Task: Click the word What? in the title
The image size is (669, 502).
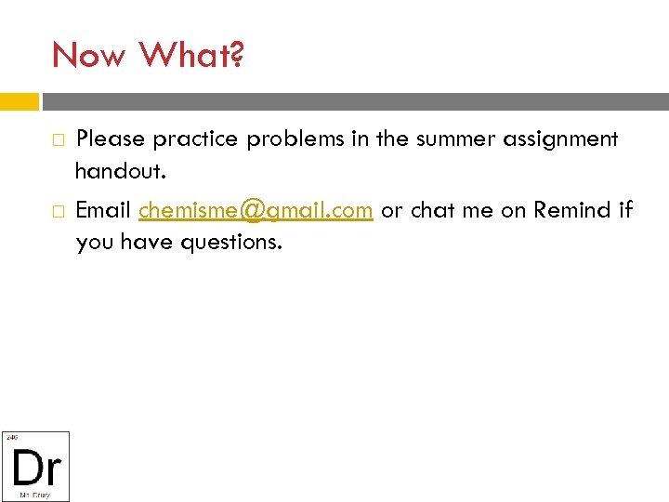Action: coord(191,56)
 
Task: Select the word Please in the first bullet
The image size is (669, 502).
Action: coord(110,139)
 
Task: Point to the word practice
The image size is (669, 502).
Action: coord(195,139)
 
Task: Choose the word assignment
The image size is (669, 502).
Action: coord(564,139)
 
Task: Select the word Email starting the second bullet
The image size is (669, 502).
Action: coord(103,211)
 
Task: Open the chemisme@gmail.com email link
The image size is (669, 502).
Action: coord(256,211)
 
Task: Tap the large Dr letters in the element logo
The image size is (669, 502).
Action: coord(36,468)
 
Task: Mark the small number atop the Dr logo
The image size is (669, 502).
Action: coord(11,436)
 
